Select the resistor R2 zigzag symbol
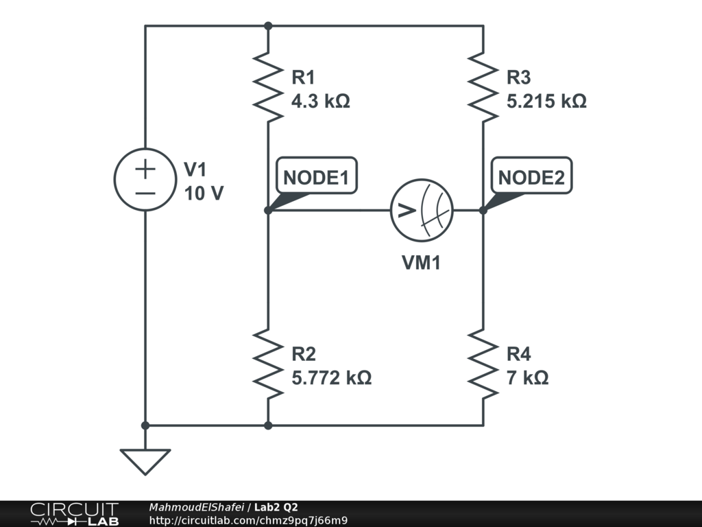268,364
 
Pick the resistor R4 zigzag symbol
483,364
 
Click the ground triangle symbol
145,460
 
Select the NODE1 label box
316,178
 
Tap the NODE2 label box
531,178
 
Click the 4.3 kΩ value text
321,102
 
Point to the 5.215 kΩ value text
546,102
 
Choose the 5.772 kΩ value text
332,377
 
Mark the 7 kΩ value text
527,377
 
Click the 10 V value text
204,194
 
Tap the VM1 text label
421,263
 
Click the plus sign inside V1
145,168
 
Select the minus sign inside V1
145,193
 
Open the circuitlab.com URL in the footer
248,520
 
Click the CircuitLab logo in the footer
74,514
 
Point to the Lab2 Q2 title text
276,507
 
